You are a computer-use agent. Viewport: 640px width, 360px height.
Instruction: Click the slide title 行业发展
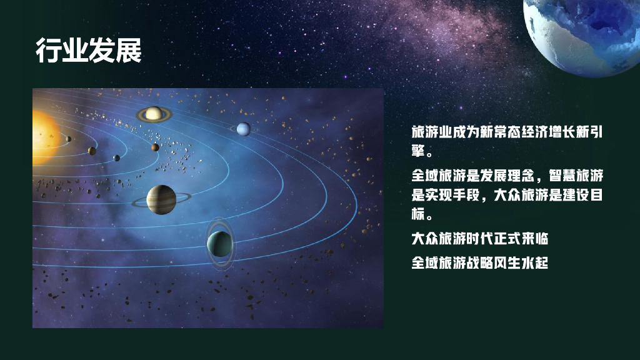[89, 50]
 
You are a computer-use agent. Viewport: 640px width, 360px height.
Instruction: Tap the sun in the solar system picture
[44, 137]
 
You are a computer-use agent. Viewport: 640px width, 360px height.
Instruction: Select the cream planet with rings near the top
[154, 114]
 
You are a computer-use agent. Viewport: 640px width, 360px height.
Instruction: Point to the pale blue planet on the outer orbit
[243, 129]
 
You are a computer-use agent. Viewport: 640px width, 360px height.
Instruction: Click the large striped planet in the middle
[161, 199]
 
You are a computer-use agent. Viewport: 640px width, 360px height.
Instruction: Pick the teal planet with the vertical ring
[219, 244]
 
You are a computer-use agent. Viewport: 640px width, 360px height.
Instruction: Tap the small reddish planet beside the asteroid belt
[155, 147]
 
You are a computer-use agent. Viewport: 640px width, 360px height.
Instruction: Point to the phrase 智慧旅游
[576, 176]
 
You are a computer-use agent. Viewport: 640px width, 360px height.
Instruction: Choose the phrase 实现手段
[452, 195]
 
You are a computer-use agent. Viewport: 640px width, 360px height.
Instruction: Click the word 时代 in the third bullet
[479, 238]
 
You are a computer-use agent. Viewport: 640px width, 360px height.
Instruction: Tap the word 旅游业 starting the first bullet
[432, 132]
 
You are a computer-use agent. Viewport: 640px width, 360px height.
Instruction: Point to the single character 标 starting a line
[418, 214]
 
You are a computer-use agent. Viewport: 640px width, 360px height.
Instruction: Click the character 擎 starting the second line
[418, 151]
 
